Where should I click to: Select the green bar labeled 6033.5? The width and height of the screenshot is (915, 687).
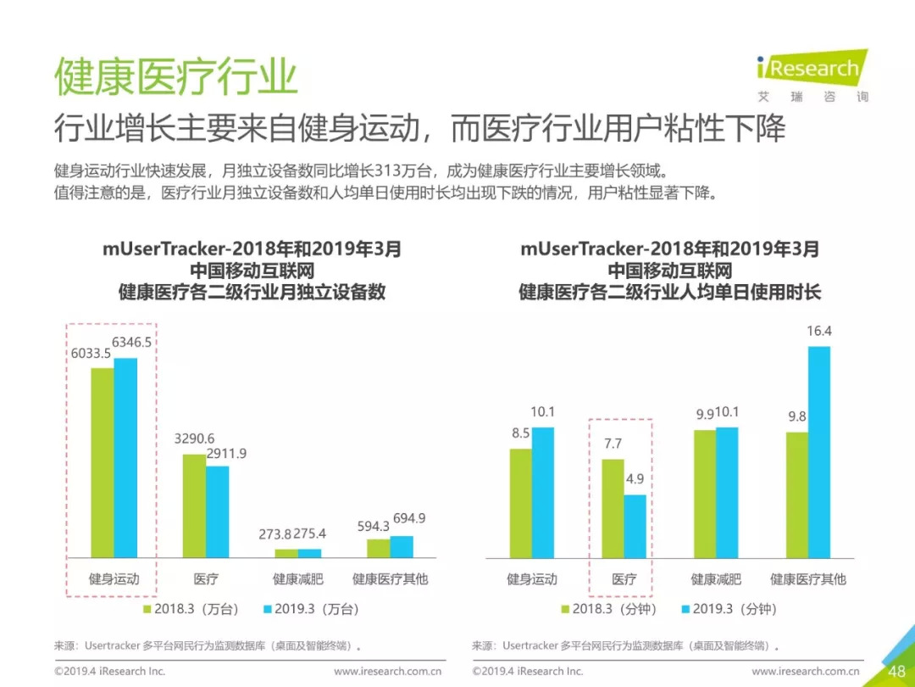(x=103, y=462)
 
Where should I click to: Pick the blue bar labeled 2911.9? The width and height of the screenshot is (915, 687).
(x=217, y=511)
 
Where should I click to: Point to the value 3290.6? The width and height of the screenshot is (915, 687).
(x=195, y=438)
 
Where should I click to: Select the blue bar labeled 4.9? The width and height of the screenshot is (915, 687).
(x=635, y=526)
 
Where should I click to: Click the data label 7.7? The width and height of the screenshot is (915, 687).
(x=613, y=443)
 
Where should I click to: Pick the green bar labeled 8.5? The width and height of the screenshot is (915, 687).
(x=520, y=503)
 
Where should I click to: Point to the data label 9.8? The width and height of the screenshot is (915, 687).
(x=796, y=416)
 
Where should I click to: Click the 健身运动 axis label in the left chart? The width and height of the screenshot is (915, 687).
(x=114, y=579)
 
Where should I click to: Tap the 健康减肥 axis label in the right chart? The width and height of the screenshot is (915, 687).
(x=716, y=579)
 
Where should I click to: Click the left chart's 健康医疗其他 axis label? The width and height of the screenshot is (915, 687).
(x=391, y=579)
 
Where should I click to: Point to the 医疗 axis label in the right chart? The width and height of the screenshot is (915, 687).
(x=624, y=579)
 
